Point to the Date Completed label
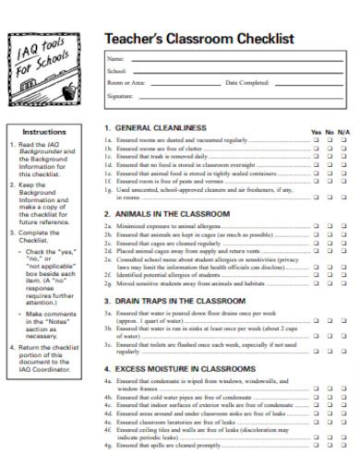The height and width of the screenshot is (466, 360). coord(246,82)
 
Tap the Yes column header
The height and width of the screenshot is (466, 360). coord(316,133)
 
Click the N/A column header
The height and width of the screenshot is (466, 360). coord(343,133)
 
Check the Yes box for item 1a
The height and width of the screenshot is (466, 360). coord(316,141)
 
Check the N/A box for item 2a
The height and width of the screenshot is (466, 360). coord(343,225)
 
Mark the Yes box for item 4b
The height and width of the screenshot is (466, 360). coord(316,398)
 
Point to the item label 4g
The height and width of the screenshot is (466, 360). coord(108,447)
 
